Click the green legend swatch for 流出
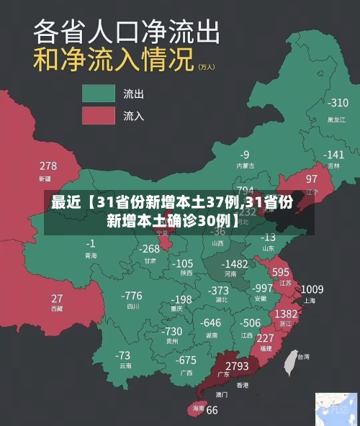[x=99, y=94]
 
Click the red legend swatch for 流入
[x=99, y=115]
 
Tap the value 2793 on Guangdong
[x=237, y=367]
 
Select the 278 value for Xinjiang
[x=48, y=167]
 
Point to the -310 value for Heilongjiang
[x=337, y=103]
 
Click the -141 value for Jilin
[x=333, y=155]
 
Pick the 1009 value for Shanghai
[x=312, y=289]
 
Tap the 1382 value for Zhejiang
[x=287, y=314]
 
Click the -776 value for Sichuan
[x=132, y=296]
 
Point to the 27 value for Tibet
[x=57, y=298]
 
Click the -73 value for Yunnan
[x=123, y=355]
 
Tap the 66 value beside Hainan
[x=212, y=411]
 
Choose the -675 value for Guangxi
[x=186, y=361]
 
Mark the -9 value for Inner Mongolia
[x=245, y=155]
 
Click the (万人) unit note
[x=206, y=66]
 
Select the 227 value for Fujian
[x=265, y=338]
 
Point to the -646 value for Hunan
[x=211, y=323]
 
